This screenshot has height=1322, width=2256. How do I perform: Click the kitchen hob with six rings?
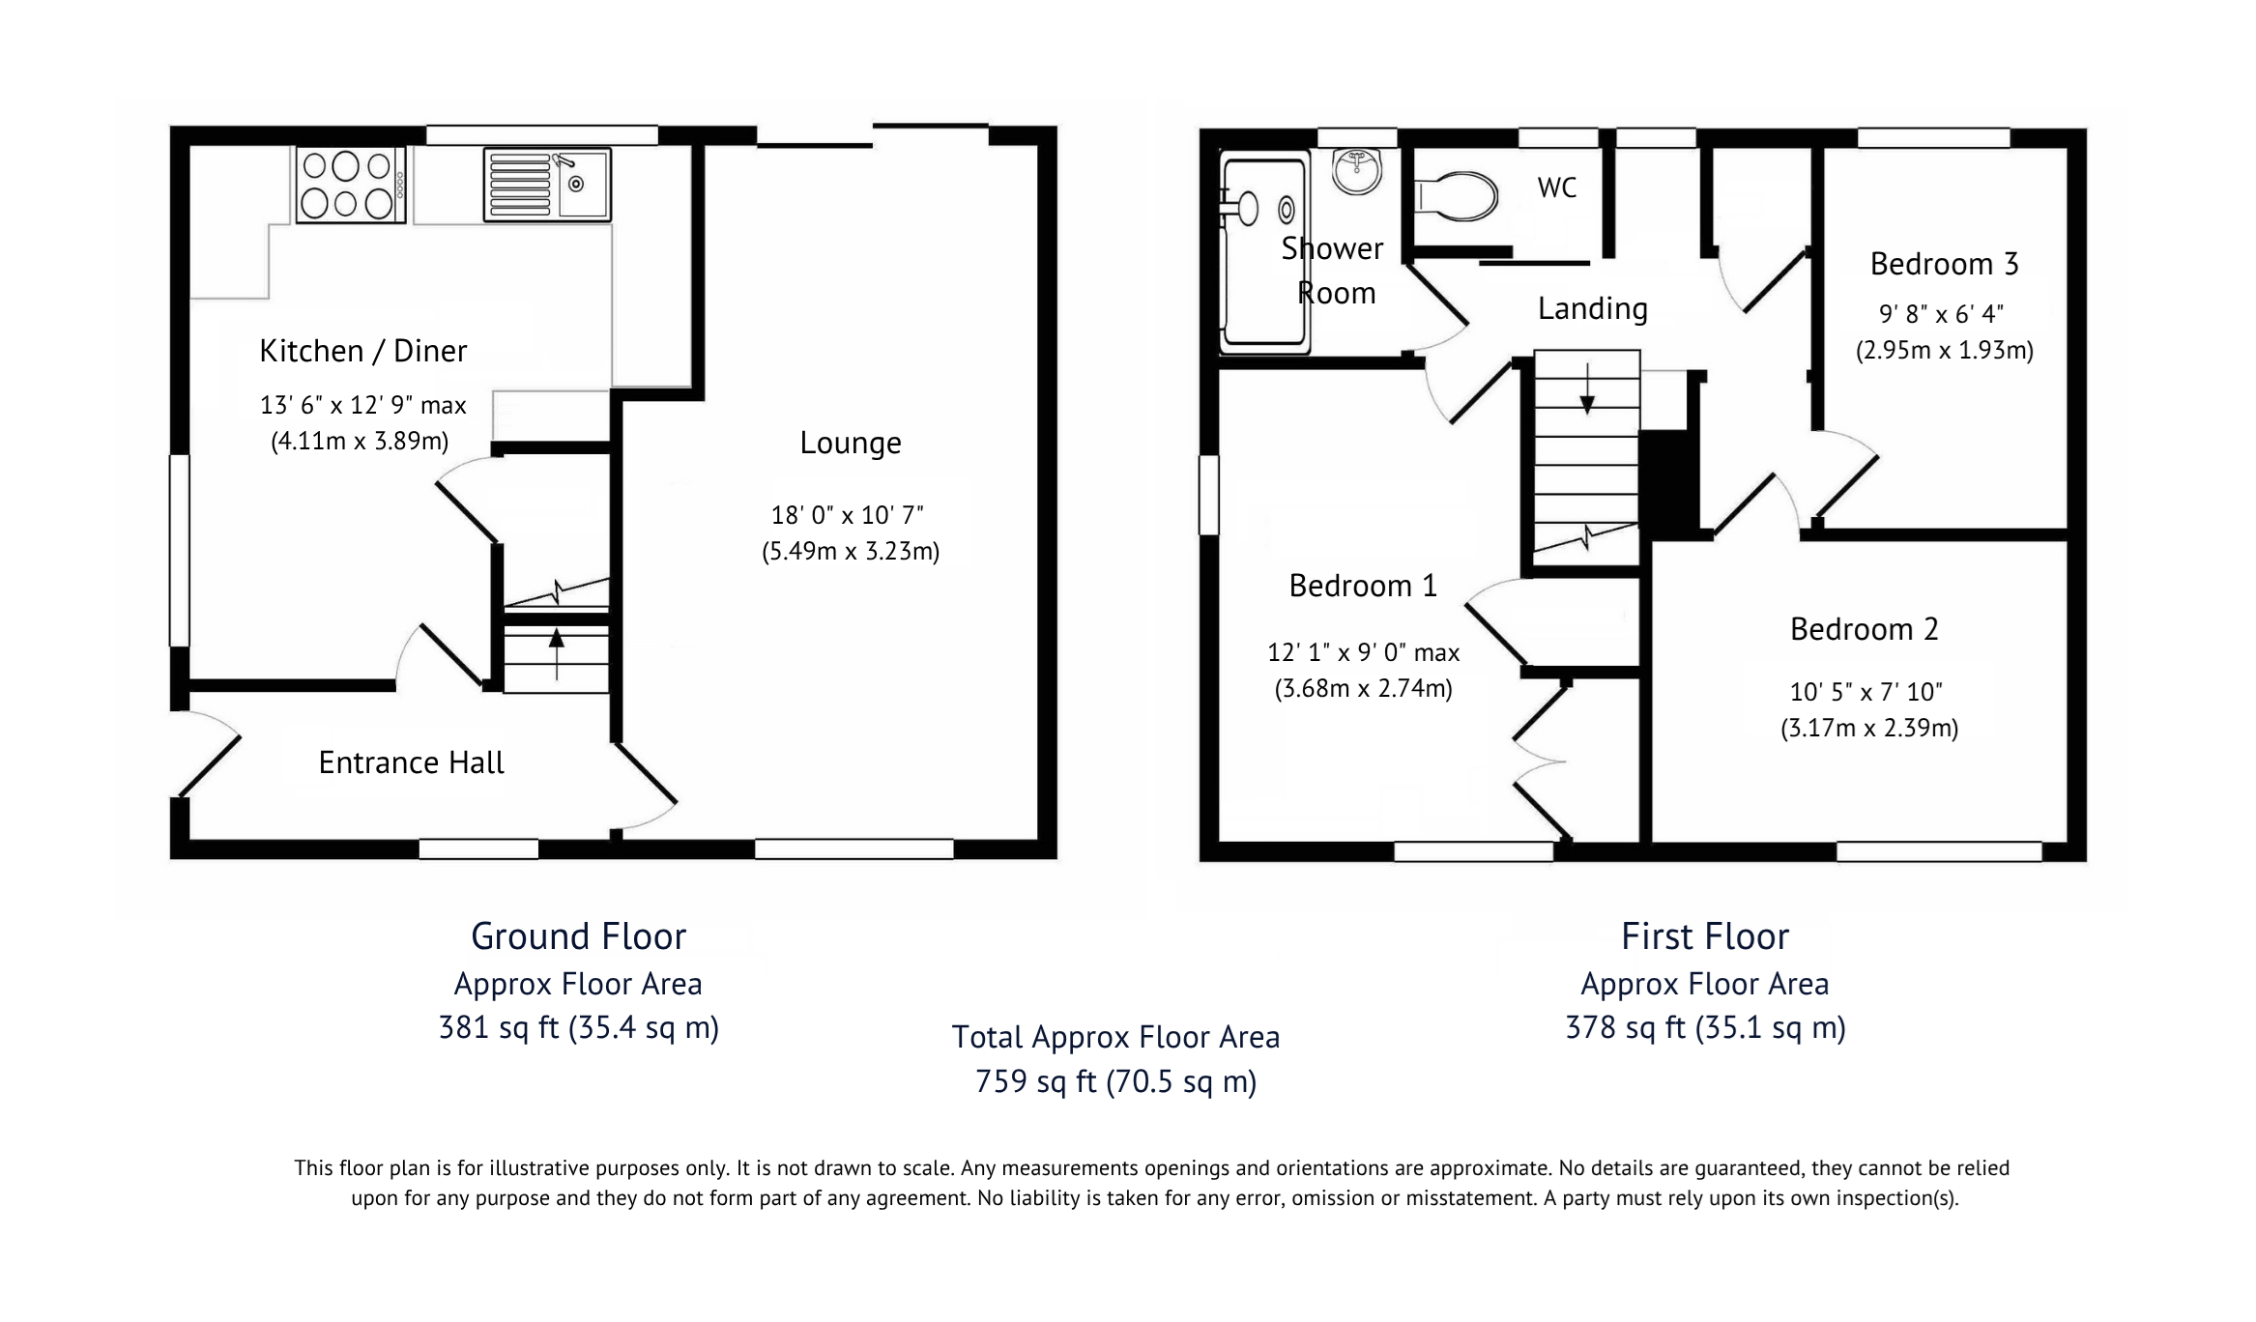(x=351, y=186)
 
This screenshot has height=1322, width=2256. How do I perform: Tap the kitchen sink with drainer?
(x=547, y=184)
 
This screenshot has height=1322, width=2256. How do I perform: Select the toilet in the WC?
(x=1456, y=196)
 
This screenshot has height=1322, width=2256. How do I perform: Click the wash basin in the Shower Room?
(x=1357, y=171)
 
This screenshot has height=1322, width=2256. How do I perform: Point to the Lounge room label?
(x=851, y=443)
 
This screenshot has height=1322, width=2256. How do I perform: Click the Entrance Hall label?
(x=411, y=762)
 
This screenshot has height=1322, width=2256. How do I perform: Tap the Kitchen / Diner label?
(x=362, y=351)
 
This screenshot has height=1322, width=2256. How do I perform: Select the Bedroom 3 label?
(x=1944, y=264)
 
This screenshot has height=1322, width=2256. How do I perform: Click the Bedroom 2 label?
(x=1865, y=629)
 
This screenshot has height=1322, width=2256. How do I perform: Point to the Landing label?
(x=1592, y=308)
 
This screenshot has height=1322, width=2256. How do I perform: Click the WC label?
(x=1556, y=187)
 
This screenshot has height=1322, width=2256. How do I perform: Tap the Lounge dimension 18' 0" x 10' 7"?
(x=847, y=515)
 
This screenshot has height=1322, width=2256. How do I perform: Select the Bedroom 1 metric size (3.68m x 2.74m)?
(x=1363, y=688)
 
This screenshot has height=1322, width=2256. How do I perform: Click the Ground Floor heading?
(x=578, y=935)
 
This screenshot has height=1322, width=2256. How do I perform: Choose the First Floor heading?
(x=1705, y=935)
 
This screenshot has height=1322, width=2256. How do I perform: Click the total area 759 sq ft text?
(x=1115, y=1080)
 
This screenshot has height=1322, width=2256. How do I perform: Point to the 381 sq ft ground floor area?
(x=578, y=1026)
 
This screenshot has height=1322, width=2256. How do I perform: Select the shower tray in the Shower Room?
(x=1264, y=251)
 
